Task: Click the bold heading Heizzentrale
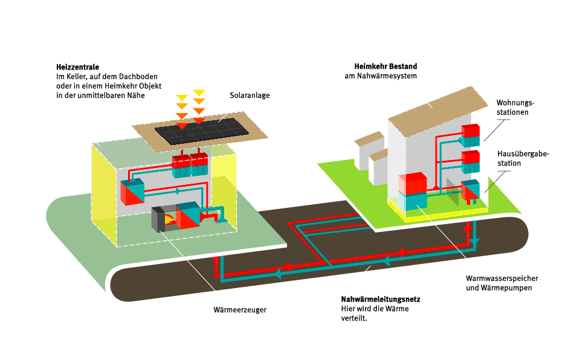click(77, 66)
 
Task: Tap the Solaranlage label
click(250, 95)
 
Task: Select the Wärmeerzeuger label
click(240, 310)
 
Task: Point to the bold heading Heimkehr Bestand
click(385, 66)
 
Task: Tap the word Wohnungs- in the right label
click(515, 103)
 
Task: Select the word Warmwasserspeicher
click(501, 278)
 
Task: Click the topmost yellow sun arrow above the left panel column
click(181, 97)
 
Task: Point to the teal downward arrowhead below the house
click(475, 242)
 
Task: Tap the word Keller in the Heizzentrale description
click(74, 77)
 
